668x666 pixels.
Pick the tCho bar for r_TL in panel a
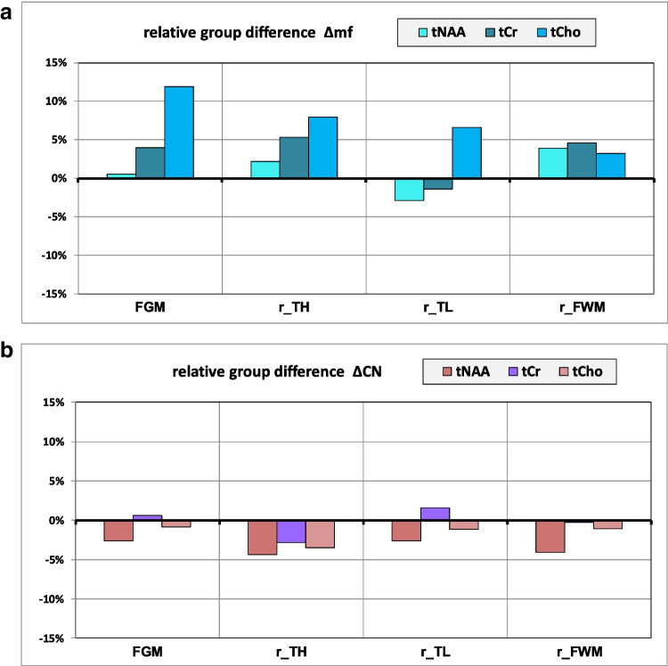(x=467, y=152)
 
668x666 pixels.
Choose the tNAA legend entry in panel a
(x=436, y=34)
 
